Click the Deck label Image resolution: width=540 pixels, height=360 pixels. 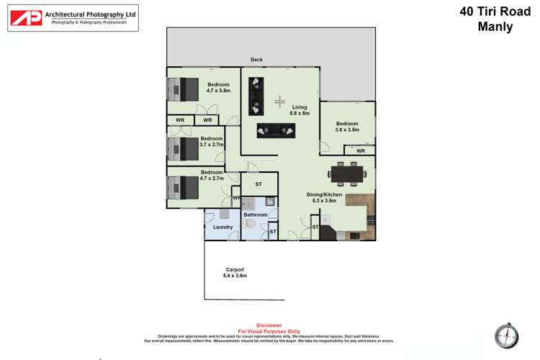coord(256,60)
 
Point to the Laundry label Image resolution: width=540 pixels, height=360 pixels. coord(223,228)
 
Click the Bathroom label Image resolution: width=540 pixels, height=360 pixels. coord(255,215)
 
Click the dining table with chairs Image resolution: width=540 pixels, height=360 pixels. coord(347,173)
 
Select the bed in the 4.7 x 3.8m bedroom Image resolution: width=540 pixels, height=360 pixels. coord(185,89)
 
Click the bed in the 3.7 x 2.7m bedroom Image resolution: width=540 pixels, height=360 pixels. coord(184,148)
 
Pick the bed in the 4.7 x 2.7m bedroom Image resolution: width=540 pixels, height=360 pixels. coord(184,187)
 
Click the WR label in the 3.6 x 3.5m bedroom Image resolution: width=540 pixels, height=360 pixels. coord(361,151)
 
